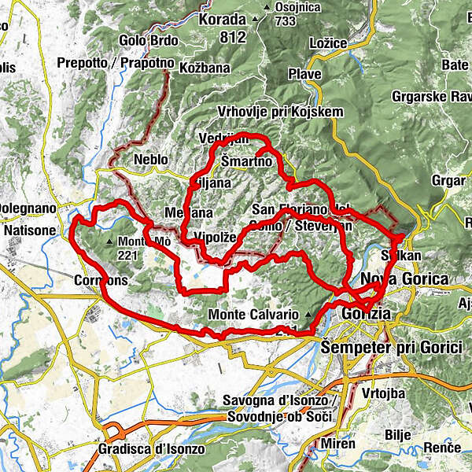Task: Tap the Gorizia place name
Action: pyautogui.click(x=367, y=312)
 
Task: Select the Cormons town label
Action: pyautogui.click(x=100, y=280)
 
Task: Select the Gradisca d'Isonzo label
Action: pyautogui.click(x=151, y=448)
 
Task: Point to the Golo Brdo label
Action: pyautogui.click(x=149, y=40)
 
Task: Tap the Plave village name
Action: pyautogui.click(x=306, y=74)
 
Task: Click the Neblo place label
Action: pyautogui.click(x=151, y=159)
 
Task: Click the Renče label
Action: pyautogui.click(x=441, y=447)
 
